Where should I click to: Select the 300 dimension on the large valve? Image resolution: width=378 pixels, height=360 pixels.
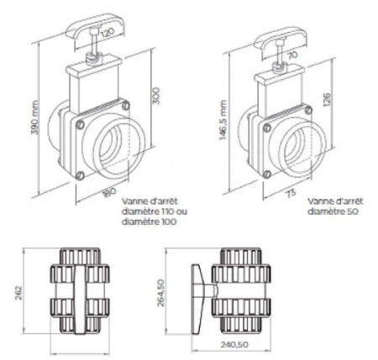click(x=155, y=97)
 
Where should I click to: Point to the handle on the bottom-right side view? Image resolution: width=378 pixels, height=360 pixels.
click(x=198, y=291)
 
